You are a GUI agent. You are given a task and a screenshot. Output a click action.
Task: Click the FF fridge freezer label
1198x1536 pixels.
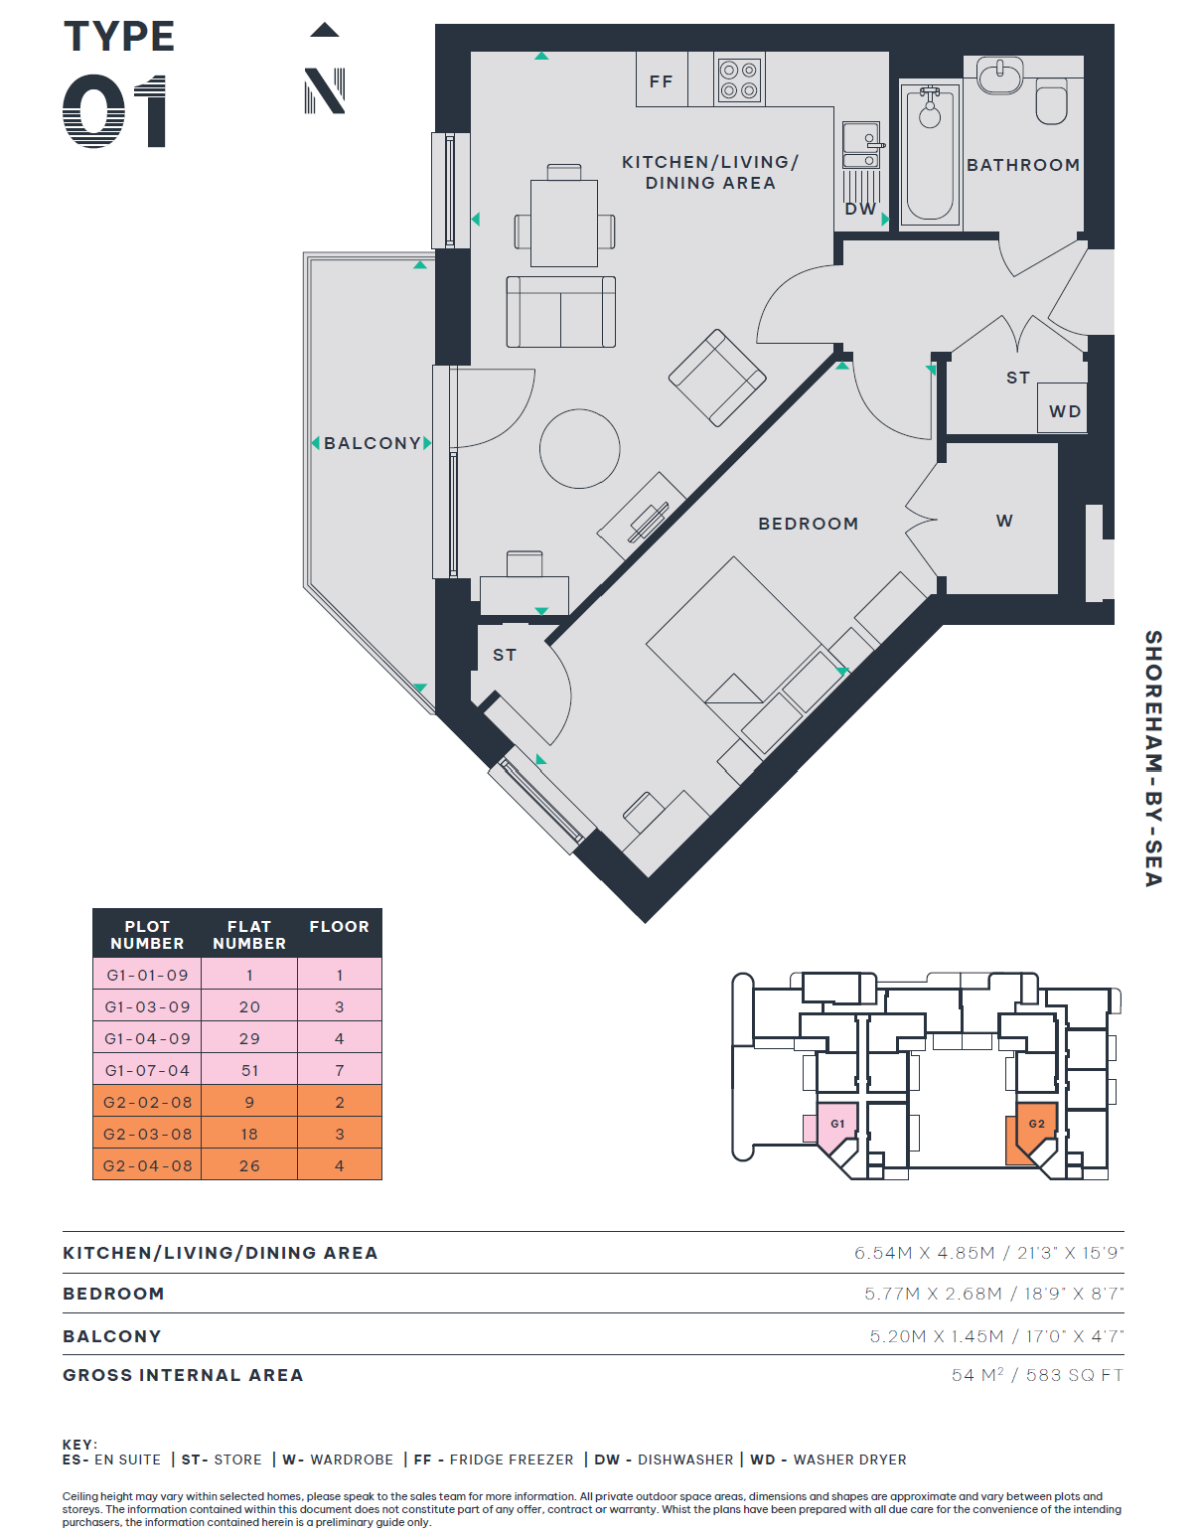[x=661, y=82]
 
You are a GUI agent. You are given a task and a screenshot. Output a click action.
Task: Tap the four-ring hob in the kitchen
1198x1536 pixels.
[x=739, y=79]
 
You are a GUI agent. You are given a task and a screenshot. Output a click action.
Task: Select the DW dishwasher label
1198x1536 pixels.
[x=860, y=210]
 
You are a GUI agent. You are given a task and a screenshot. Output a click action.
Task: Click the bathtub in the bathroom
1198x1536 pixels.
[x=930, y=153]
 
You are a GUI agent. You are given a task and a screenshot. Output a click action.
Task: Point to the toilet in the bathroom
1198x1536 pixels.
[x=1051, y=101]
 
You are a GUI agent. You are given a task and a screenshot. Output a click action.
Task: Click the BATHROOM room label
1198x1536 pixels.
[x=1023, y=165]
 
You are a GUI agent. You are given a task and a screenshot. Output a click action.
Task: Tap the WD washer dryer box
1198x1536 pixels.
[x=1062, y=411]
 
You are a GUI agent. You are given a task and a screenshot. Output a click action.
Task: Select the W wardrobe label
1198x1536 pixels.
[x=1004, y=521]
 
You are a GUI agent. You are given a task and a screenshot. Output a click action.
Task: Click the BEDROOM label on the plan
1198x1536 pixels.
[x=808, y=524]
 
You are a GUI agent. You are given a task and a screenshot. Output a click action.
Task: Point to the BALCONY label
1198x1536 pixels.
[x=373, y=443]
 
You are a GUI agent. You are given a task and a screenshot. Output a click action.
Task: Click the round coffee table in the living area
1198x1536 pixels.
[x=579, y=448]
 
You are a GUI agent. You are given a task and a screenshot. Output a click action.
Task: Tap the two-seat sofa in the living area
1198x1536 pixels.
[x=560, y=312]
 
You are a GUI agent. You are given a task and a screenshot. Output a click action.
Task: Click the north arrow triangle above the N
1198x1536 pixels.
[x=325, y=30]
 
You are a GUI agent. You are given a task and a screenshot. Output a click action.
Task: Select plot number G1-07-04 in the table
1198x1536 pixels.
[x=147, y=1070]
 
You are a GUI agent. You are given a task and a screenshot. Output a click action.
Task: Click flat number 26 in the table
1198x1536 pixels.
[x=249, y=1165]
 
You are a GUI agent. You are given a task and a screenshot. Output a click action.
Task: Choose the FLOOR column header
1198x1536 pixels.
[x=340, y=926]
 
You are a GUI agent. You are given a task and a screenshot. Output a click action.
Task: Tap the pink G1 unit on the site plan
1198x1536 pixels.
[x=837, y=1125]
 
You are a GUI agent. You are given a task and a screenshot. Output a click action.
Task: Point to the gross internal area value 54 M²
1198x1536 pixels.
[x=977, y=1375]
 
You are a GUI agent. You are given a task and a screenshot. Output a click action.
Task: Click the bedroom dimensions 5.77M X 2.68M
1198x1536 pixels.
[x=933, y=1294]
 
